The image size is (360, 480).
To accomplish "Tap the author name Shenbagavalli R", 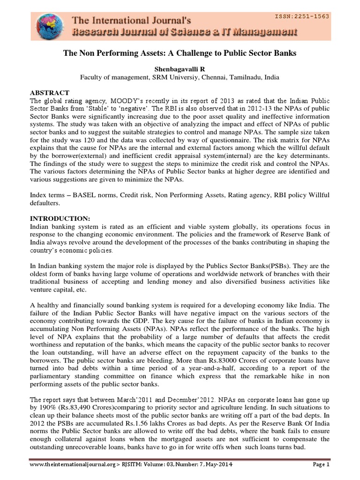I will [180, 68].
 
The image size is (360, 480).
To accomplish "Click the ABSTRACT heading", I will [49, 93].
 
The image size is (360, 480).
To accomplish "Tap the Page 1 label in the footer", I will [321, 465].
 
